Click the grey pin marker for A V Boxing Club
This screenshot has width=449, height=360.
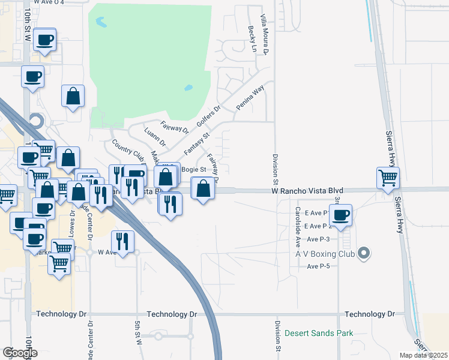pyautogui.click(x=363, y=254)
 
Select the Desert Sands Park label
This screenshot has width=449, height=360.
pyautogui.click(x=319, y=334)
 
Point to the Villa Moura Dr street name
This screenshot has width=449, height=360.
pyautogui.click(x=263, y=35)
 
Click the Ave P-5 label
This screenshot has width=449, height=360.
pyautogui.click(x=319, y=266)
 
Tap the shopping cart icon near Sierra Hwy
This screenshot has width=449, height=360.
pyautogui.click(x=388, y=177)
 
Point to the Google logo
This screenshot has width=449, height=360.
pyautogui.click(x=20, y=353)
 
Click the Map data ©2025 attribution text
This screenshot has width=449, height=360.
pyautogui.click(x=424, y=355)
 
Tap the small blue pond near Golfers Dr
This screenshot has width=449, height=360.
pyautogui.click(x=188, y=88)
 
